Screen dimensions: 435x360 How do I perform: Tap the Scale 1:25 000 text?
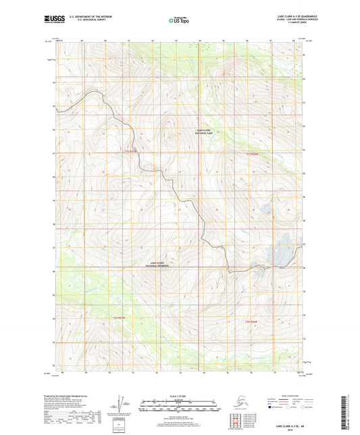[180, 395]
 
